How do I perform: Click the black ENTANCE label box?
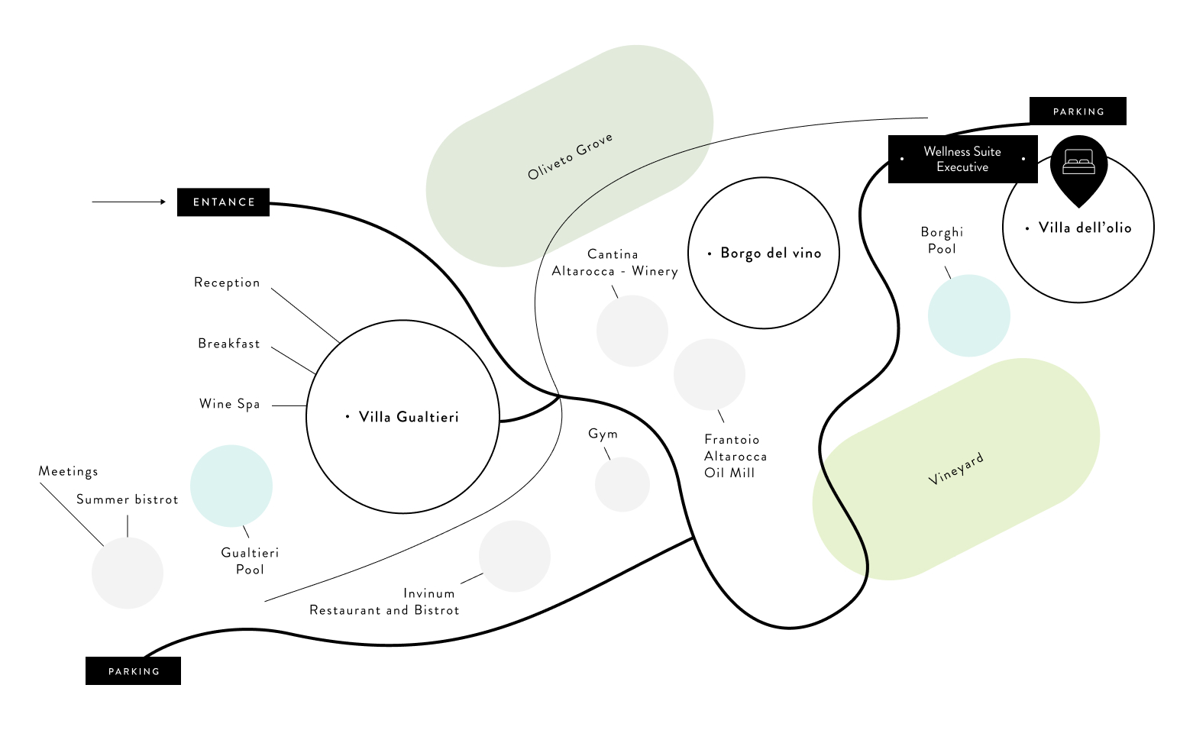coord(223,202)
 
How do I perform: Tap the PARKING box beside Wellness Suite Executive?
coord(1078,111)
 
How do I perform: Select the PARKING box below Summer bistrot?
coord(134,671)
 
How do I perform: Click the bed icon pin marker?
coord(1078,164)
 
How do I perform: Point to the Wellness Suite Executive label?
coord(962,160)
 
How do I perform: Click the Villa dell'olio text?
coord(1085,228)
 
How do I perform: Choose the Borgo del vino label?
coord(771,254)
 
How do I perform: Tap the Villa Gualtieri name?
coord(409,417)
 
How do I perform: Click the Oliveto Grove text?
coord(570,157)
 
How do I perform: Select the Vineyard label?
coord(955,469)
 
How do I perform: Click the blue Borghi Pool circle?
coord(968,315)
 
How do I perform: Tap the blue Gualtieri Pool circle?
coord(231,486)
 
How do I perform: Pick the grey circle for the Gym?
coord(622,484)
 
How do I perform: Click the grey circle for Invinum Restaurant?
coord(515,556)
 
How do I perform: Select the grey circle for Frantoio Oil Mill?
coord(709,374)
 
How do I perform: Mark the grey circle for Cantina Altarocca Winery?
coord(632,331)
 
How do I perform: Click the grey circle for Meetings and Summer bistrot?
coord(128,573)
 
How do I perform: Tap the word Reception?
coord(227,283)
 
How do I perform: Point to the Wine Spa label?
coord(229,404)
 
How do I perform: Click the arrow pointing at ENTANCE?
coord(128,202)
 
